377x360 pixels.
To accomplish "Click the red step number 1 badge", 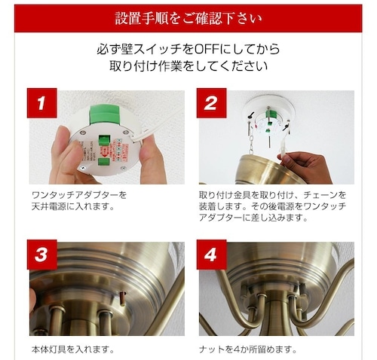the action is tap(42, 103).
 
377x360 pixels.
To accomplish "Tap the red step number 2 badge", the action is tap(211, 103).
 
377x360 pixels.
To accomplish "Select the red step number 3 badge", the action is tap(42, 255).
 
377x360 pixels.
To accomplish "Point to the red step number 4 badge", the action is tap(211, 255).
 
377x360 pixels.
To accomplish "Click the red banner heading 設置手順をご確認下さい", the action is tap(188, 18).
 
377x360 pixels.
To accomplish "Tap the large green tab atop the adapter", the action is tap(104, 114).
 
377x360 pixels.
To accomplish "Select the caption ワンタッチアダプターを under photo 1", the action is tap(79, 195).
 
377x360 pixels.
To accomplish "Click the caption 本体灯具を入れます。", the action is tap(73, 349).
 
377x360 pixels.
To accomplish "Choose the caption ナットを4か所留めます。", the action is tap(248, 349).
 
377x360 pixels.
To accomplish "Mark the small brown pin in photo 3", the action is tap(123, 298).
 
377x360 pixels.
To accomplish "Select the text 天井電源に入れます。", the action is tap(73, 206).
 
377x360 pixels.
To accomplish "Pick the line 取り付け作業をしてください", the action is tap(188, 66).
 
